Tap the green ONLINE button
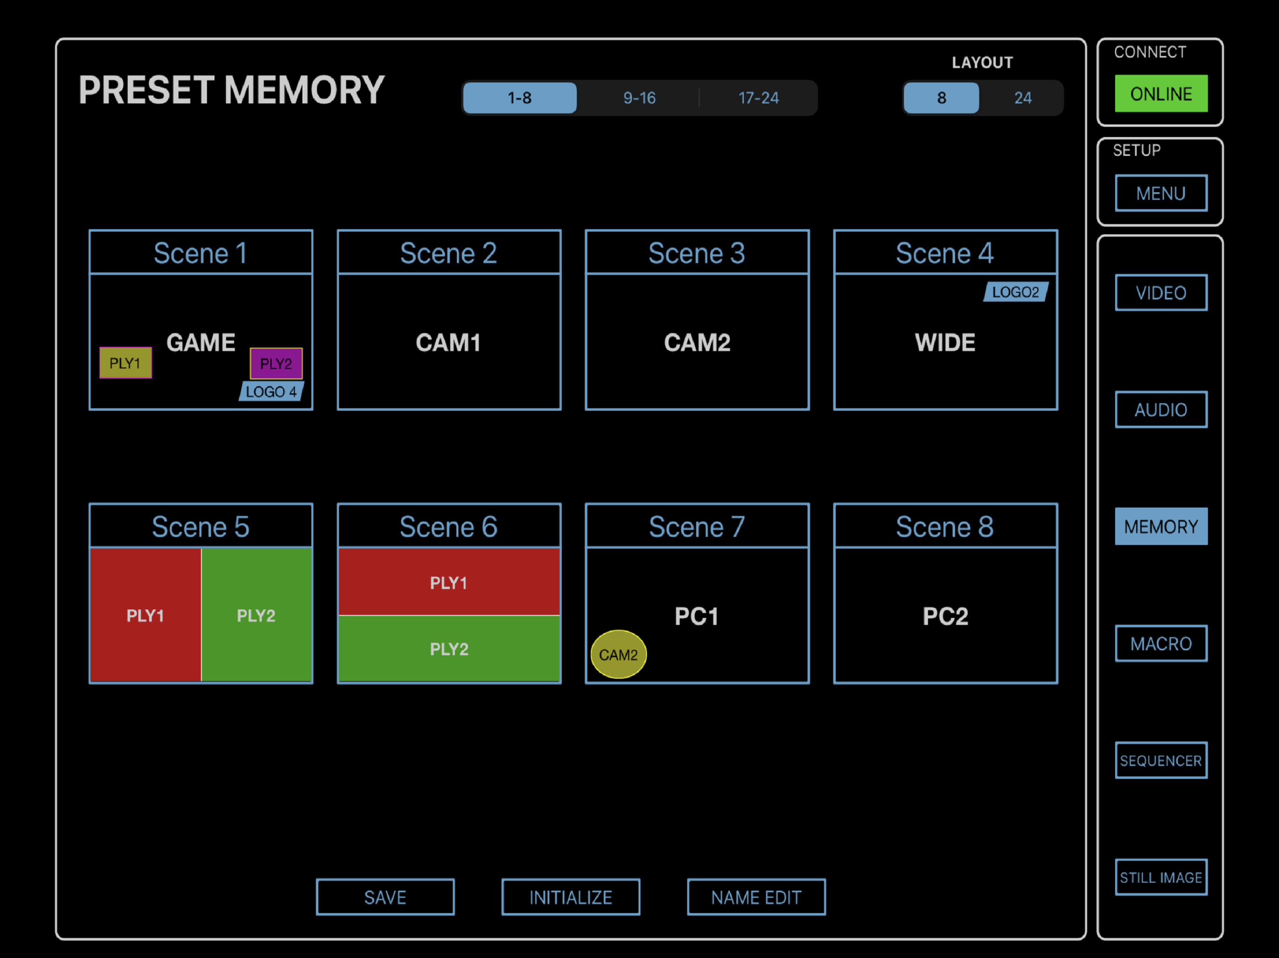(1161, 93)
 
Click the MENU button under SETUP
(1161, 193)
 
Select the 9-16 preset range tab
(639, 98)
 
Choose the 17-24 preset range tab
(758, 98)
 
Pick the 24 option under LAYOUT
(1022, 98)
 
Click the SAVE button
(385, 897)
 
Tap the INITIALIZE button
(571, 897)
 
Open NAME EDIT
(756, 897)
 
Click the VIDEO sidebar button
(1161, 292)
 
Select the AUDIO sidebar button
(1161, 410)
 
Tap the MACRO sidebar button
(1161, 643)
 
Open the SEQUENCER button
(1161, 761)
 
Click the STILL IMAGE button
(1161, 877)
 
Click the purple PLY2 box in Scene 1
(276, 363)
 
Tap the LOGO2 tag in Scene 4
(1015, 292)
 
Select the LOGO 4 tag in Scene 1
(271, 391)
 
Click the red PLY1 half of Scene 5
(146, 615)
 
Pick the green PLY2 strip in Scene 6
(448, 649)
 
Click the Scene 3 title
(696, 253)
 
